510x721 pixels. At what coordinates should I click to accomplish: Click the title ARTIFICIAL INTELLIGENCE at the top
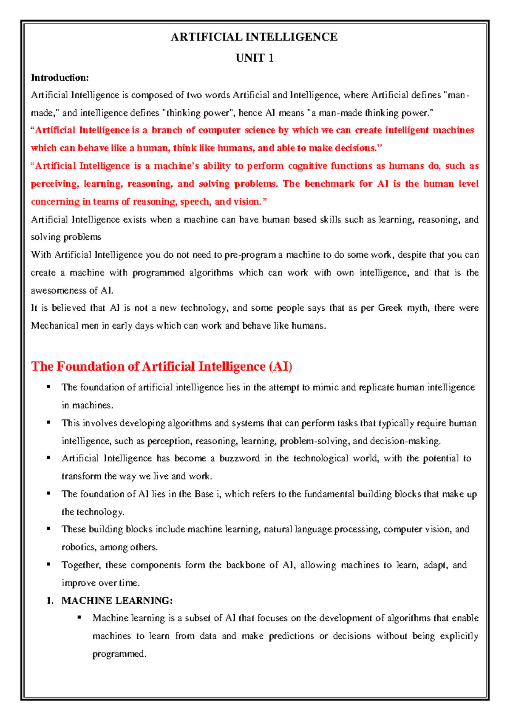254,37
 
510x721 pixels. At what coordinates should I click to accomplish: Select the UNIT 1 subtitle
254,58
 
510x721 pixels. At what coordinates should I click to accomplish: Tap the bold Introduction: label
60,77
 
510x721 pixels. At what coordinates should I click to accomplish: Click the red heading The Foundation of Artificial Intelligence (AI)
161,366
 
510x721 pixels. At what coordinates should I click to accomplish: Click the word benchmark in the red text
329,184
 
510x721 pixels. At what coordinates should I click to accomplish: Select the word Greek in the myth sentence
390,308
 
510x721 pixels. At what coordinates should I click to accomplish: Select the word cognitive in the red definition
307,166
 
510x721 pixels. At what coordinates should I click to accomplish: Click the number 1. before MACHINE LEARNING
50,600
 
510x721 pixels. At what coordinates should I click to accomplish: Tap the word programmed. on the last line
119,654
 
